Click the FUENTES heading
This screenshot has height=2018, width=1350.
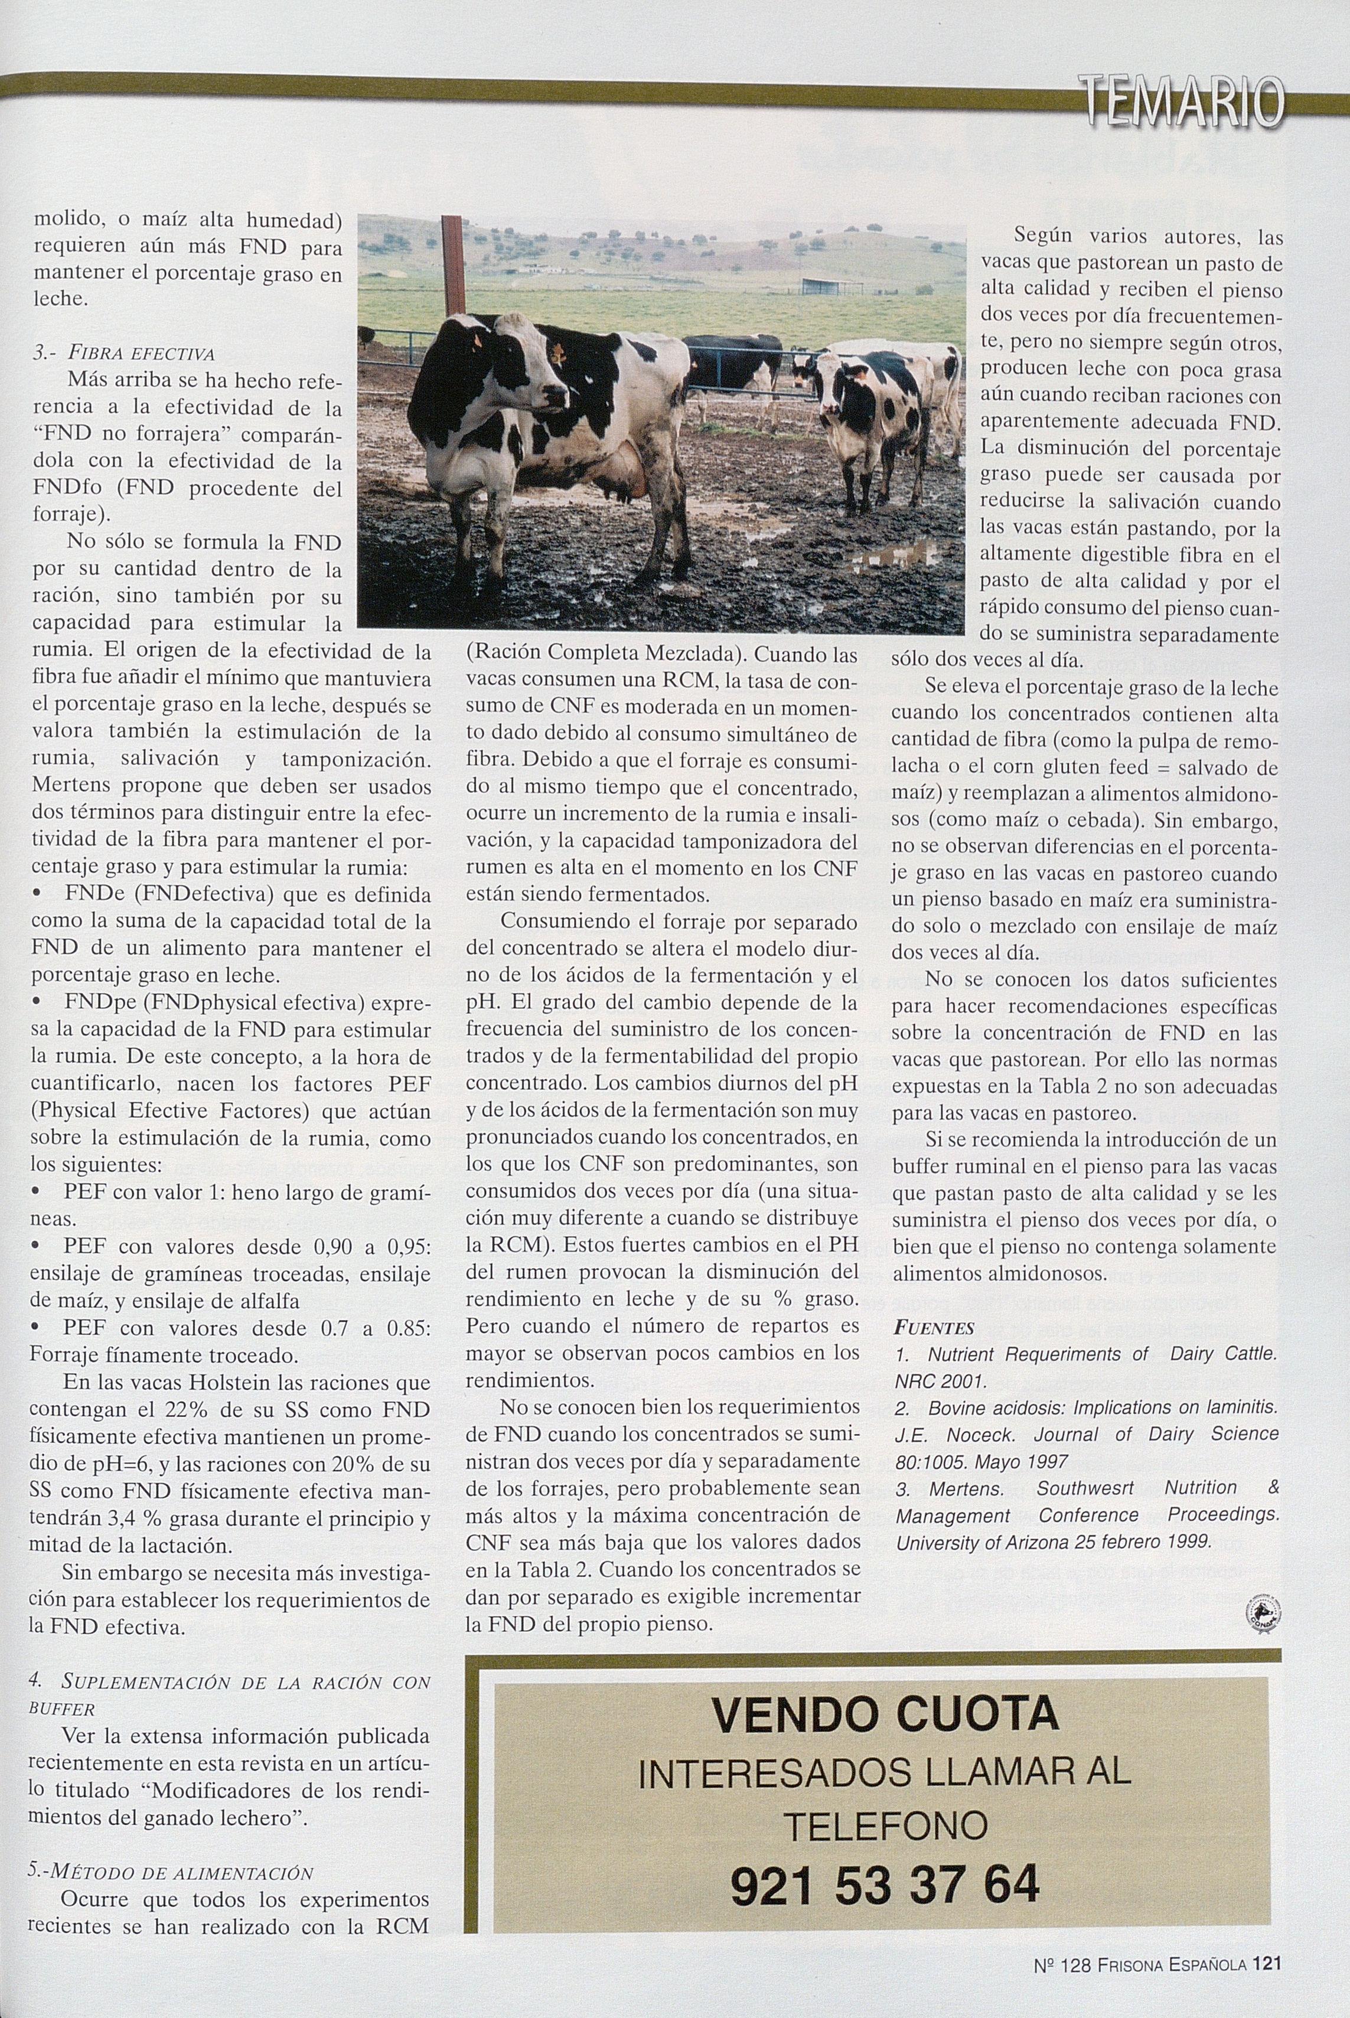pyautogui.click(x=934, y=1328)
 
